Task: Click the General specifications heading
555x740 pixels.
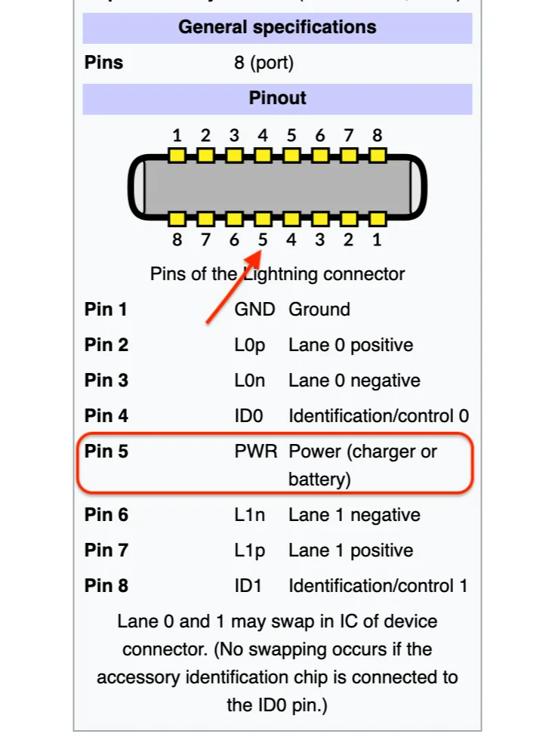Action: click(277, 28)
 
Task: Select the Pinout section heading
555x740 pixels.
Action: click(277, 98)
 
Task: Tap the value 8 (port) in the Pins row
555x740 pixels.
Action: click(264, 63)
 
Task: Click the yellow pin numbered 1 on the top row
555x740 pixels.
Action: click(177, 156)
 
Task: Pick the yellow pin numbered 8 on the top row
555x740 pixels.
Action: click(378, 156)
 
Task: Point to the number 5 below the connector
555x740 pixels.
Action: click(263, 240)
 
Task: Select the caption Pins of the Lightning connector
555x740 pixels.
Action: click(277, 273)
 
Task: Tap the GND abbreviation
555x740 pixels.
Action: click(250, 310)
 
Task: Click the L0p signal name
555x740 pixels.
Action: click(250, 345)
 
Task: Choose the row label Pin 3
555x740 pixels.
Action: click(106, 381)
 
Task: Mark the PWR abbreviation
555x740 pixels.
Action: click(252, 452)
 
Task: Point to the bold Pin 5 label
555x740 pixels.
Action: click(106, 452)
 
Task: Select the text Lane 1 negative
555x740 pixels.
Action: click(354, 515)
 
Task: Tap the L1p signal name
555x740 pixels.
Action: click(250, 550)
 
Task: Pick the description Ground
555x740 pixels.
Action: click(319, 310)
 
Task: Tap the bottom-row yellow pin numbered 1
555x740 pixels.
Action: click(378, 219)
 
